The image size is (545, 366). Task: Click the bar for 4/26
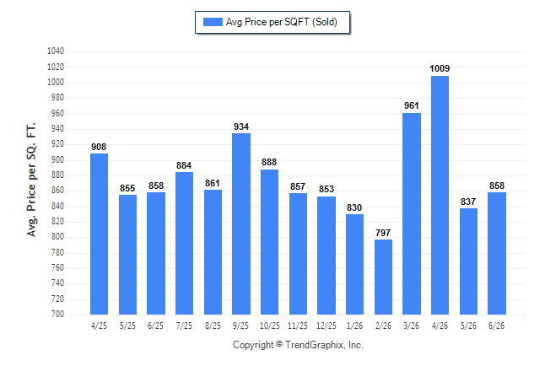point(440,195)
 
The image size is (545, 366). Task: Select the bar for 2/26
point(383,277)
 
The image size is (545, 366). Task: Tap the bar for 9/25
point(241,223)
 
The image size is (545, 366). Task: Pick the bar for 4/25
point(99,234)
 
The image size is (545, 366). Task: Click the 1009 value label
point(440,68)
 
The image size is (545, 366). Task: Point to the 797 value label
point(383,233)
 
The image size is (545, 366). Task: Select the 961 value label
point(412,105)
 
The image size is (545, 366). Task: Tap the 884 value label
point(184,165)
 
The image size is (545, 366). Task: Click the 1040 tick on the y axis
point(56,51)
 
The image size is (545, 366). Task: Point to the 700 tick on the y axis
point(57,314)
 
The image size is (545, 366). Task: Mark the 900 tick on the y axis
point(57,159)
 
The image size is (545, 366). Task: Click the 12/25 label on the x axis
point(326,326)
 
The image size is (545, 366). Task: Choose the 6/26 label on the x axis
point(496,326)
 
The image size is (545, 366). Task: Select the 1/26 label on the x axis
point(354,326)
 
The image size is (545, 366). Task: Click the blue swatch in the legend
point(213,22)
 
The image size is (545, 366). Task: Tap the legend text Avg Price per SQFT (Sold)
point(282,22)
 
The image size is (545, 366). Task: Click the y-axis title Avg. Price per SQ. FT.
point(31,180)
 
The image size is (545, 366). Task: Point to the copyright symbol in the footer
point(279,344)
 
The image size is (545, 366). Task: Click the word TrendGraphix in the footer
point(314,345)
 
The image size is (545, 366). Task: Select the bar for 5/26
point(468,261)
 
